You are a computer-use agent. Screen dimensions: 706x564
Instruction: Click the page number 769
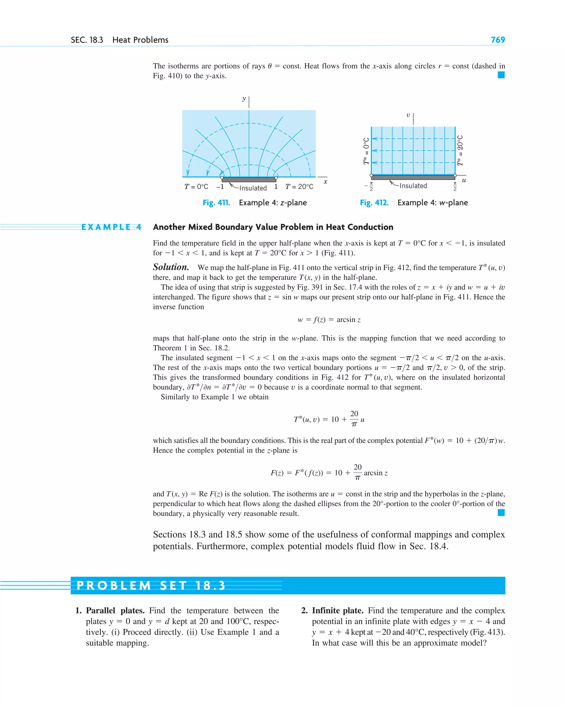pyautogui.click(x=498, y=40)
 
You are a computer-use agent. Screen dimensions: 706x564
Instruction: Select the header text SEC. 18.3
pyautogui.click(x=87, y=40)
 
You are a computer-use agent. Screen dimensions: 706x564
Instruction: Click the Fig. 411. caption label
pyautogui.click(x=216, y=203)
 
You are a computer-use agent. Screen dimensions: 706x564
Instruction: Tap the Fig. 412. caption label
pyautogui.click(x=374, y=203)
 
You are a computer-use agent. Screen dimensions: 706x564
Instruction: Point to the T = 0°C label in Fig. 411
pyautogui.click(x=196, y=187)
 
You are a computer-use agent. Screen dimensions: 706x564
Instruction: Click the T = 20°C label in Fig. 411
pyautogui.click(x=299, y=187)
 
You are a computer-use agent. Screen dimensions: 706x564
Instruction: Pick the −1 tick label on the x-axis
pyautogui.click(x=220, y=187)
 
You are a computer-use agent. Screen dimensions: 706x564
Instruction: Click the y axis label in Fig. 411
pyautogui.click(x=244, y=99)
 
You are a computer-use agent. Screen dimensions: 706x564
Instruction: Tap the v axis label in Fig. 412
pyautogui.click(x=408, y=115)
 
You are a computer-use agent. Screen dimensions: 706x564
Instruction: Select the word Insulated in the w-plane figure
pyautogui.click(x=413, y=186)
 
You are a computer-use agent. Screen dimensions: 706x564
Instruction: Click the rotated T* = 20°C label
pyautogui.click(x=460, y=151)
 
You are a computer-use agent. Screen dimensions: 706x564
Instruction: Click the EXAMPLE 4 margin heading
pyautogui.click(x=111, y=227)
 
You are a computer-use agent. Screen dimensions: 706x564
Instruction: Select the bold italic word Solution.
pyautogui.click(x=171, y=267)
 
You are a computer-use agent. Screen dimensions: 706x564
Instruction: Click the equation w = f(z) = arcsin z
pyautogui.click(x=329, y=320)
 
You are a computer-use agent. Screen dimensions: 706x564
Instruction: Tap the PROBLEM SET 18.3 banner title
pyautogui.click(x=151, y=585)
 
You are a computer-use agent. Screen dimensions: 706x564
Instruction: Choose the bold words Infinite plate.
pyautogui.click(x=337, y=610)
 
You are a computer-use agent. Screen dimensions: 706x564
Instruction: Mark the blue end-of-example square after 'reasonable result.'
pyautogui.click(x=501, y=512)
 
